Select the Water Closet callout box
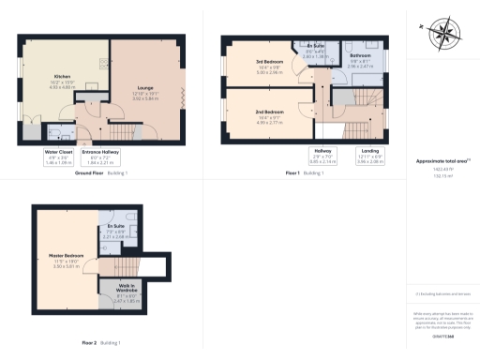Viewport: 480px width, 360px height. (x=58, y=157)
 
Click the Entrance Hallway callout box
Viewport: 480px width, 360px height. (x=102, y=157)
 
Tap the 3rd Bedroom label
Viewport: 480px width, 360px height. (x=268, y=67)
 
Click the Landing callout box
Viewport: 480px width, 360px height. (x=370, y=157)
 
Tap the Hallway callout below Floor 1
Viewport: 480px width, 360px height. (x=322, y=157)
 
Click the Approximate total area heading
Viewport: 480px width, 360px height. (x=442, y=162)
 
